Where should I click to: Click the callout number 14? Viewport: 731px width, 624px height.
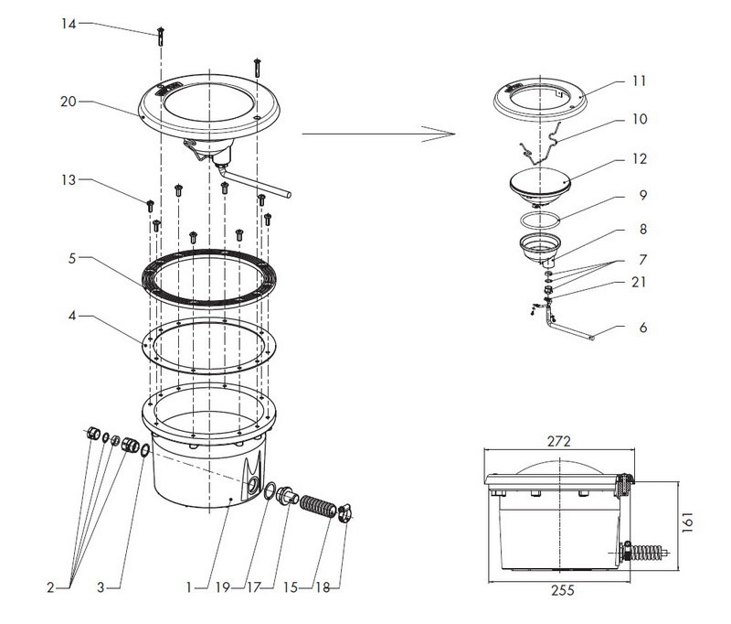pyautogui.click(x=69, y=24)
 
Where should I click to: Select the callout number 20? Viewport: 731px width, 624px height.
pyautogui.click(x=68, y=102)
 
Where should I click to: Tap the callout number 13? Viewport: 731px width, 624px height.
pyautogui.click(x=69, y=179)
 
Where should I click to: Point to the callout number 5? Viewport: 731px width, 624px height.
pyautogui.click(x=72, y=258)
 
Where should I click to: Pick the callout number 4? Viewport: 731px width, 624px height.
pyautogui.click(x=72, y=316)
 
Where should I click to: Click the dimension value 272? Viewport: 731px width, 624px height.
pyautogui.click(x=558, y=441)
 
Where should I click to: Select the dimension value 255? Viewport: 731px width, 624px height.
pyautogui.click(x=563, y=590)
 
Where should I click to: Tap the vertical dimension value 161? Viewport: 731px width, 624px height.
pyautogui.click(x=688, y=522)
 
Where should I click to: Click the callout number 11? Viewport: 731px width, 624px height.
pyautogui.click(x=639, y=81)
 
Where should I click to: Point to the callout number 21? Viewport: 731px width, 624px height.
pyautogui.click(x=639, y=282)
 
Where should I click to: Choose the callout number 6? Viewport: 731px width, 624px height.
pyautogui.click(x=643, y=328)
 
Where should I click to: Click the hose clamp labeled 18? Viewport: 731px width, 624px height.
pyautogui.click(x=344, y=512)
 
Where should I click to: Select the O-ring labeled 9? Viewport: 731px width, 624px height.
pyautogui.click(x=539, y=220)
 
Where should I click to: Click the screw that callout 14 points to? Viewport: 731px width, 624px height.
pyautogui.click(x=161, y=37)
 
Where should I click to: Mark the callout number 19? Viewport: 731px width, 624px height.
pyautogui.click(x=222, y=587)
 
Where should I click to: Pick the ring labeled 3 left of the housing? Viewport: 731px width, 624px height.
pyautogui.click(x=145, y=450)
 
